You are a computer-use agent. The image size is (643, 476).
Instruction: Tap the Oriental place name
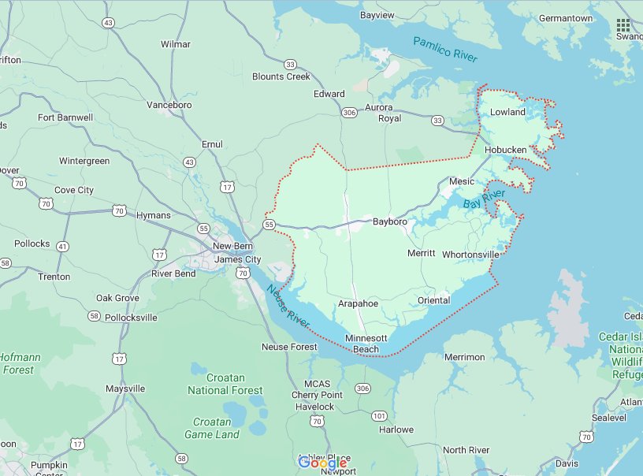pyautogui.click(x=433, y=300)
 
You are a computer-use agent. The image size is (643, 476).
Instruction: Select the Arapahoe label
pyautogui.click(x=358, y=303)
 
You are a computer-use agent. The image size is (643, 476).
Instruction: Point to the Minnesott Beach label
pyautogui.click(x=366, y=344)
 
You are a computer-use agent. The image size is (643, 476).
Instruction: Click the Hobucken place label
pyautogui.click(x=505, y=150)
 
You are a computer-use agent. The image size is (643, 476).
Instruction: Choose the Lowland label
pyautogui.click(x=507, y=112)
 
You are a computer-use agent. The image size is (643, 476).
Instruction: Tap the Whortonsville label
pyautogui.click(x=470, y=255)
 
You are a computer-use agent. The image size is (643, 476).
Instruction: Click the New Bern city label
pyautogui.click(x=232, y=246)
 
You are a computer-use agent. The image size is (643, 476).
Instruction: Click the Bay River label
pyautogui.click(x=483, y=198)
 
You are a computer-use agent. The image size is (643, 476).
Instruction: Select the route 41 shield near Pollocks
pyautogui.click(x=62, y=247)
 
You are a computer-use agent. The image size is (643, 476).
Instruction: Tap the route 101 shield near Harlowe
pyautogui.click(x=379, y=415)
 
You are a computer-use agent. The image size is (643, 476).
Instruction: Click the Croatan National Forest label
pyautogui.click(x=225, y=384)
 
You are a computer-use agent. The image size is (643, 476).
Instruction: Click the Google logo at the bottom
pyautogui.click(x=322, y=463)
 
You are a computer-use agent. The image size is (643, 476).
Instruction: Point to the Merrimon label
pyautogui.click(x=464, y=357)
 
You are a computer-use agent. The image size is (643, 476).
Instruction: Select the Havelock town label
pyautogui.click(x=314, y=407)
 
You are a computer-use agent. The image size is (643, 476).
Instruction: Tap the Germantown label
pyautogui.click(x=566, y=18)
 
